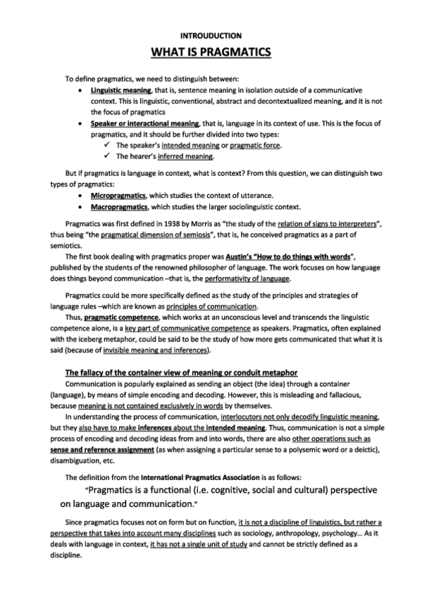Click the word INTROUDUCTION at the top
tap(211, 34)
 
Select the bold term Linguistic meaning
tap(120, 92)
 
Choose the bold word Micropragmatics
tap(119, 195)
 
